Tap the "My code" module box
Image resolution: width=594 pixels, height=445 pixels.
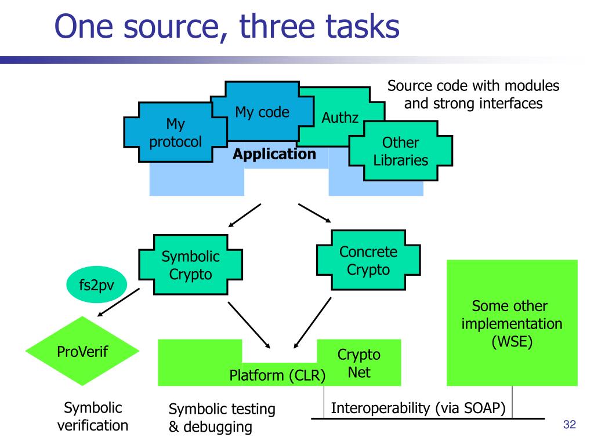click(x=262, y=112)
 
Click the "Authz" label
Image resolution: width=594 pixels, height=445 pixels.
click(x=341, y=119)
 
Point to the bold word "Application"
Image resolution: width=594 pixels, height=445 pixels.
click(x=274, y=155)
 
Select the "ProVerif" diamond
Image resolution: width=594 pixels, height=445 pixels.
click(x=82, y=351)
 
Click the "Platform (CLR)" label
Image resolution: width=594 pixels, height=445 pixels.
click(x=277, y=375)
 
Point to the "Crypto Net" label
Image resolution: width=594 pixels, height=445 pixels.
click(x=359, y=363)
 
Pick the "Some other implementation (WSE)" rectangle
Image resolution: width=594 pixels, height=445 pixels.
click(x=512, y=323)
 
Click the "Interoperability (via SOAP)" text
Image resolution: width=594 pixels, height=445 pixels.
click(x=418, y=407)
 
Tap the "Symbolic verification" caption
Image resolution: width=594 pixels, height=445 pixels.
click(x=93, y=417)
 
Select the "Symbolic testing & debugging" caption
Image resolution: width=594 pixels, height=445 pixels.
click(x=222, y=418)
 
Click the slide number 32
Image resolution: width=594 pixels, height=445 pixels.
click(x=569, y=425)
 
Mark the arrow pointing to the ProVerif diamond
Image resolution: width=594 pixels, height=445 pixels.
click(x=118, y=303)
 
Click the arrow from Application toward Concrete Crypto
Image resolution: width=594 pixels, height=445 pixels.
click(x=314, y=213)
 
